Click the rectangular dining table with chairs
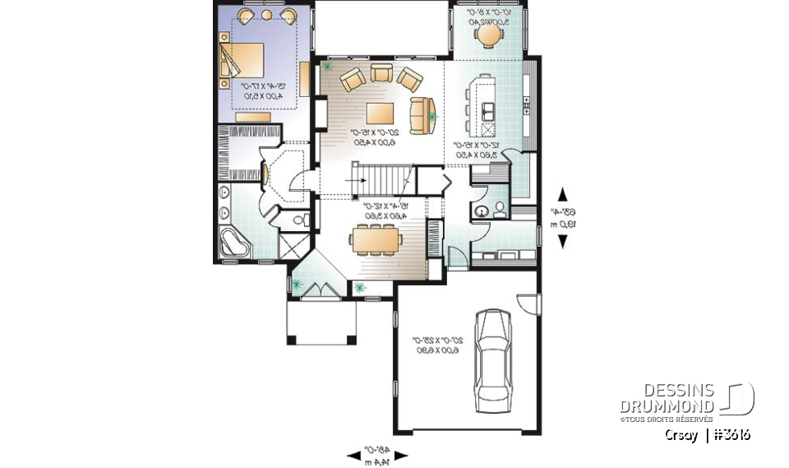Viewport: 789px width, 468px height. pos(374,239)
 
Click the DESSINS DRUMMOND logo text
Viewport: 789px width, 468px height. pos(667,399)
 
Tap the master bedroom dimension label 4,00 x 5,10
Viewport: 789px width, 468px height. pos(262,95)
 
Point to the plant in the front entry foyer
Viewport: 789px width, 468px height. pos(298,285)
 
